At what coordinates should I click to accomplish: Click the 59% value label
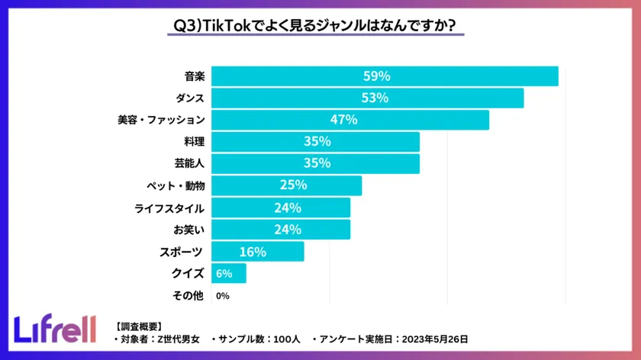tap(376, 76)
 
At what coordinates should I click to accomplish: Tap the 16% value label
tap(253, 252)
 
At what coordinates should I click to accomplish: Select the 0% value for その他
tap(223, 296)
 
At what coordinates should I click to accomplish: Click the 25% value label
tap(292, 185)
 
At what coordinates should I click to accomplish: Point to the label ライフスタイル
tap(169, 207)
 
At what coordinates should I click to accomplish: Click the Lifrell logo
tap(55, 328)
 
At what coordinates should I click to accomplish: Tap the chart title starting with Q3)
tap(314, 26)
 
